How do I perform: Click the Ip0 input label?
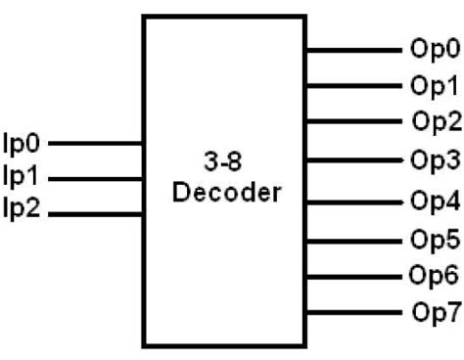tap(23, 144)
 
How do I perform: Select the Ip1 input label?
tap(23, 177)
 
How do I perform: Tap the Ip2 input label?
tap(23, 208)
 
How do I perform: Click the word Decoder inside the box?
tap(226, 192)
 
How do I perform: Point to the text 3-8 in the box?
tap(226, 159)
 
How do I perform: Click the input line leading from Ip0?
tap(96, 144)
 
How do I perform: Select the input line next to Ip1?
tap(96, 178)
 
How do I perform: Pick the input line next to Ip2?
tap(96, 213)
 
